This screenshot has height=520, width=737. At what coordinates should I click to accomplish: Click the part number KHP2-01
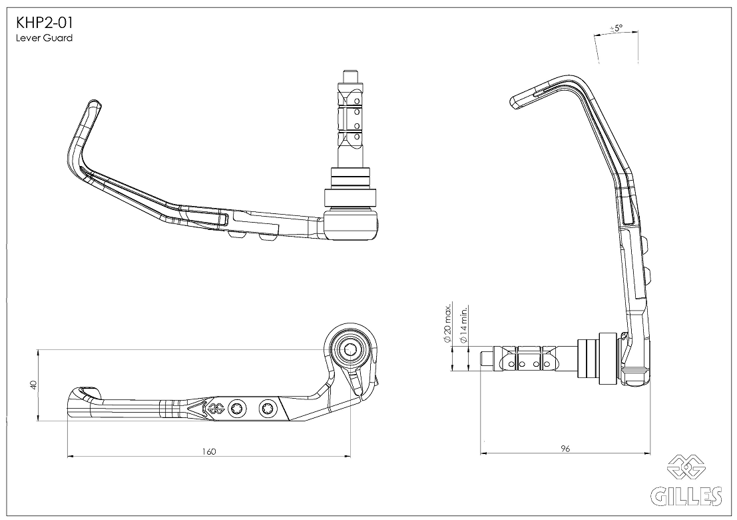click(x=44, y=23)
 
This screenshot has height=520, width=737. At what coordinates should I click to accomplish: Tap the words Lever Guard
click(x=44, y=38)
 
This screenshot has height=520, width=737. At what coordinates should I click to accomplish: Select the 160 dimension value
click(x=208, y=452)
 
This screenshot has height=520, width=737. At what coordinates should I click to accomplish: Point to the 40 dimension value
click(x=33, y=385)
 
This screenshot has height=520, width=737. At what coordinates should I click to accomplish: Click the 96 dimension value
click(x=565, y=449)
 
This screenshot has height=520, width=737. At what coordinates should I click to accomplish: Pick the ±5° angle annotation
click(x=616, y=28)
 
